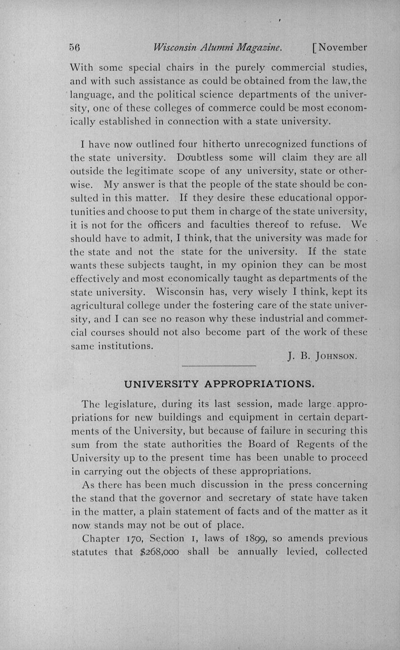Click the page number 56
(75, 47)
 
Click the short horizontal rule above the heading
(219, 366)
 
